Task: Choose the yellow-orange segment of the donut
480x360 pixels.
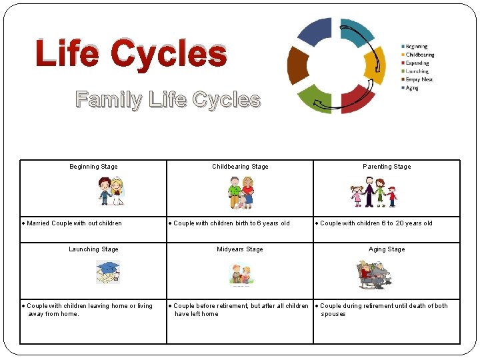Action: [375, 65]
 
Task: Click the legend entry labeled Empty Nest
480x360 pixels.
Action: [417, 79]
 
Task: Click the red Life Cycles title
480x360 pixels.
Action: [131, 53]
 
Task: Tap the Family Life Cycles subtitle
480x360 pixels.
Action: [168, 100]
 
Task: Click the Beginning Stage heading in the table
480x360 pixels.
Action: [93, 167]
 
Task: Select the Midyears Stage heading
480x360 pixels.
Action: [240, 249]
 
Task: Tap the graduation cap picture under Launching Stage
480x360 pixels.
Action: [107, 272]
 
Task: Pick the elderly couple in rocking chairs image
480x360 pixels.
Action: [372, 274]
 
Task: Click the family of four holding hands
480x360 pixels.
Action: [373, 193]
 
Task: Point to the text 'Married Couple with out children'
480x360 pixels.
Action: [74, 223]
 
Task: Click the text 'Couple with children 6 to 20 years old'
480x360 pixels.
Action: [376, 223]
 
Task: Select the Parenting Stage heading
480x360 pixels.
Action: [387, 167]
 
